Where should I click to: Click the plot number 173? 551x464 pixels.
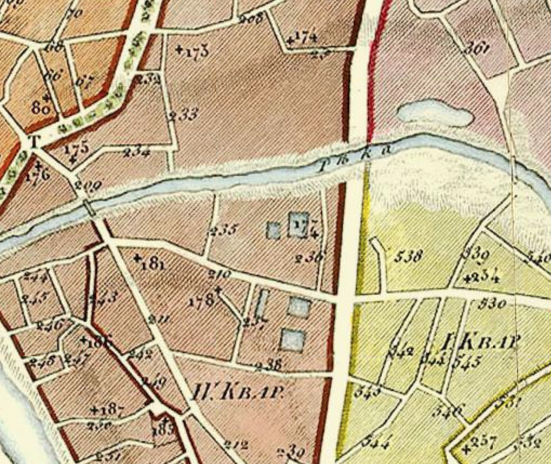196,52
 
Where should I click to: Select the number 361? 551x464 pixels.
476,48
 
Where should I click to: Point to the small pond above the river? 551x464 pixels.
435,115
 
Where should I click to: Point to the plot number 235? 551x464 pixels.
223,230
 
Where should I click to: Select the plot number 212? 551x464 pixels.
236,445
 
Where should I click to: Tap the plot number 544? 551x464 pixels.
375,442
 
